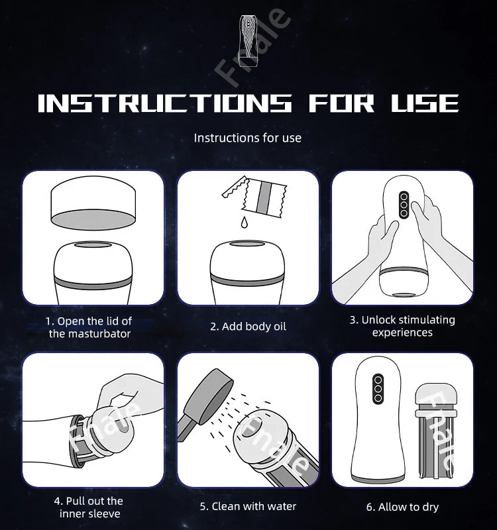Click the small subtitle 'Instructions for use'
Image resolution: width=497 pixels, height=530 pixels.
pos(247,138)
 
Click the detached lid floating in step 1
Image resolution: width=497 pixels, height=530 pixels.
pos(93,203)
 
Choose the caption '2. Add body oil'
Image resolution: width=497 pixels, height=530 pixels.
pos(248,327)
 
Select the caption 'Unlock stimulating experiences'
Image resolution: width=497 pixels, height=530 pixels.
pos(402,326)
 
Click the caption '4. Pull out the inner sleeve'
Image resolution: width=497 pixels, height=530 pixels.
pos(89,507)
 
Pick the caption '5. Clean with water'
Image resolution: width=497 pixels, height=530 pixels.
pos(248,506)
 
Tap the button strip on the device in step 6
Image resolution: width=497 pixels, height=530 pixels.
pos(376,390)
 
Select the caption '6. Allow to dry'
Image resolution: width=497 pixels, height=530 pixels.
pos(402,507)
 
